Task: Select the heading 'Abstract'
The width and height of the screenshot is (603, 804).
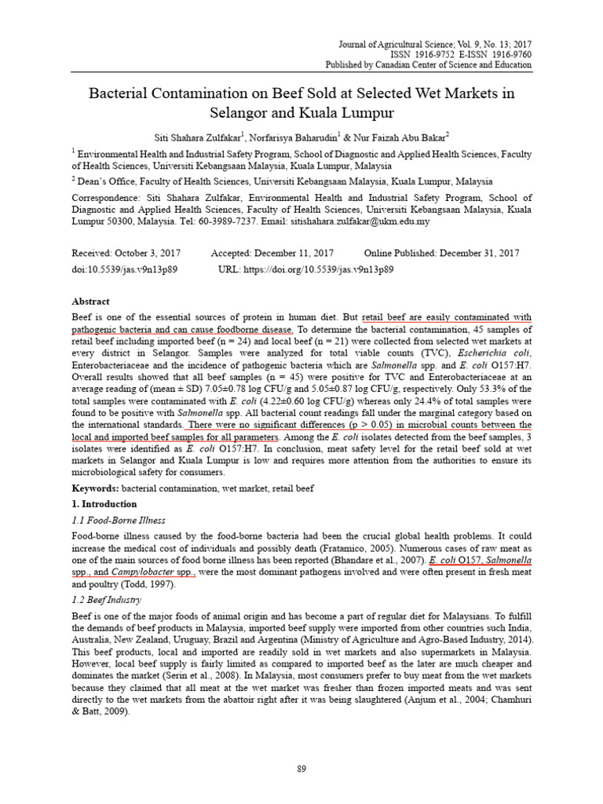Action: point(91,301)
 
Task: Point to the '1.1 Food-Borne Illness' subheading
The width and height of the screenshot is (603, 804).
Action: point(119,520)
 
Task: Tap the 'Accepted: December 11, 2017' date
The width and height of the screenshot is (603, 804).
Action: point(272,254)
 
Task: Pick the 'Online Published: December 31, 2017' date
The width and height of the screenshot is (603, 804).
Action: point(441,254)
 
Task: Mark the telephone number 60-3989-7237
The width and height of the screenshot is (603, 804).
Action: point(228,222)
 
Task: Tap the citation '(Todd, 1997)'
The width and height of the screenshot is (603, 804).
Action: point(171,585)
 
